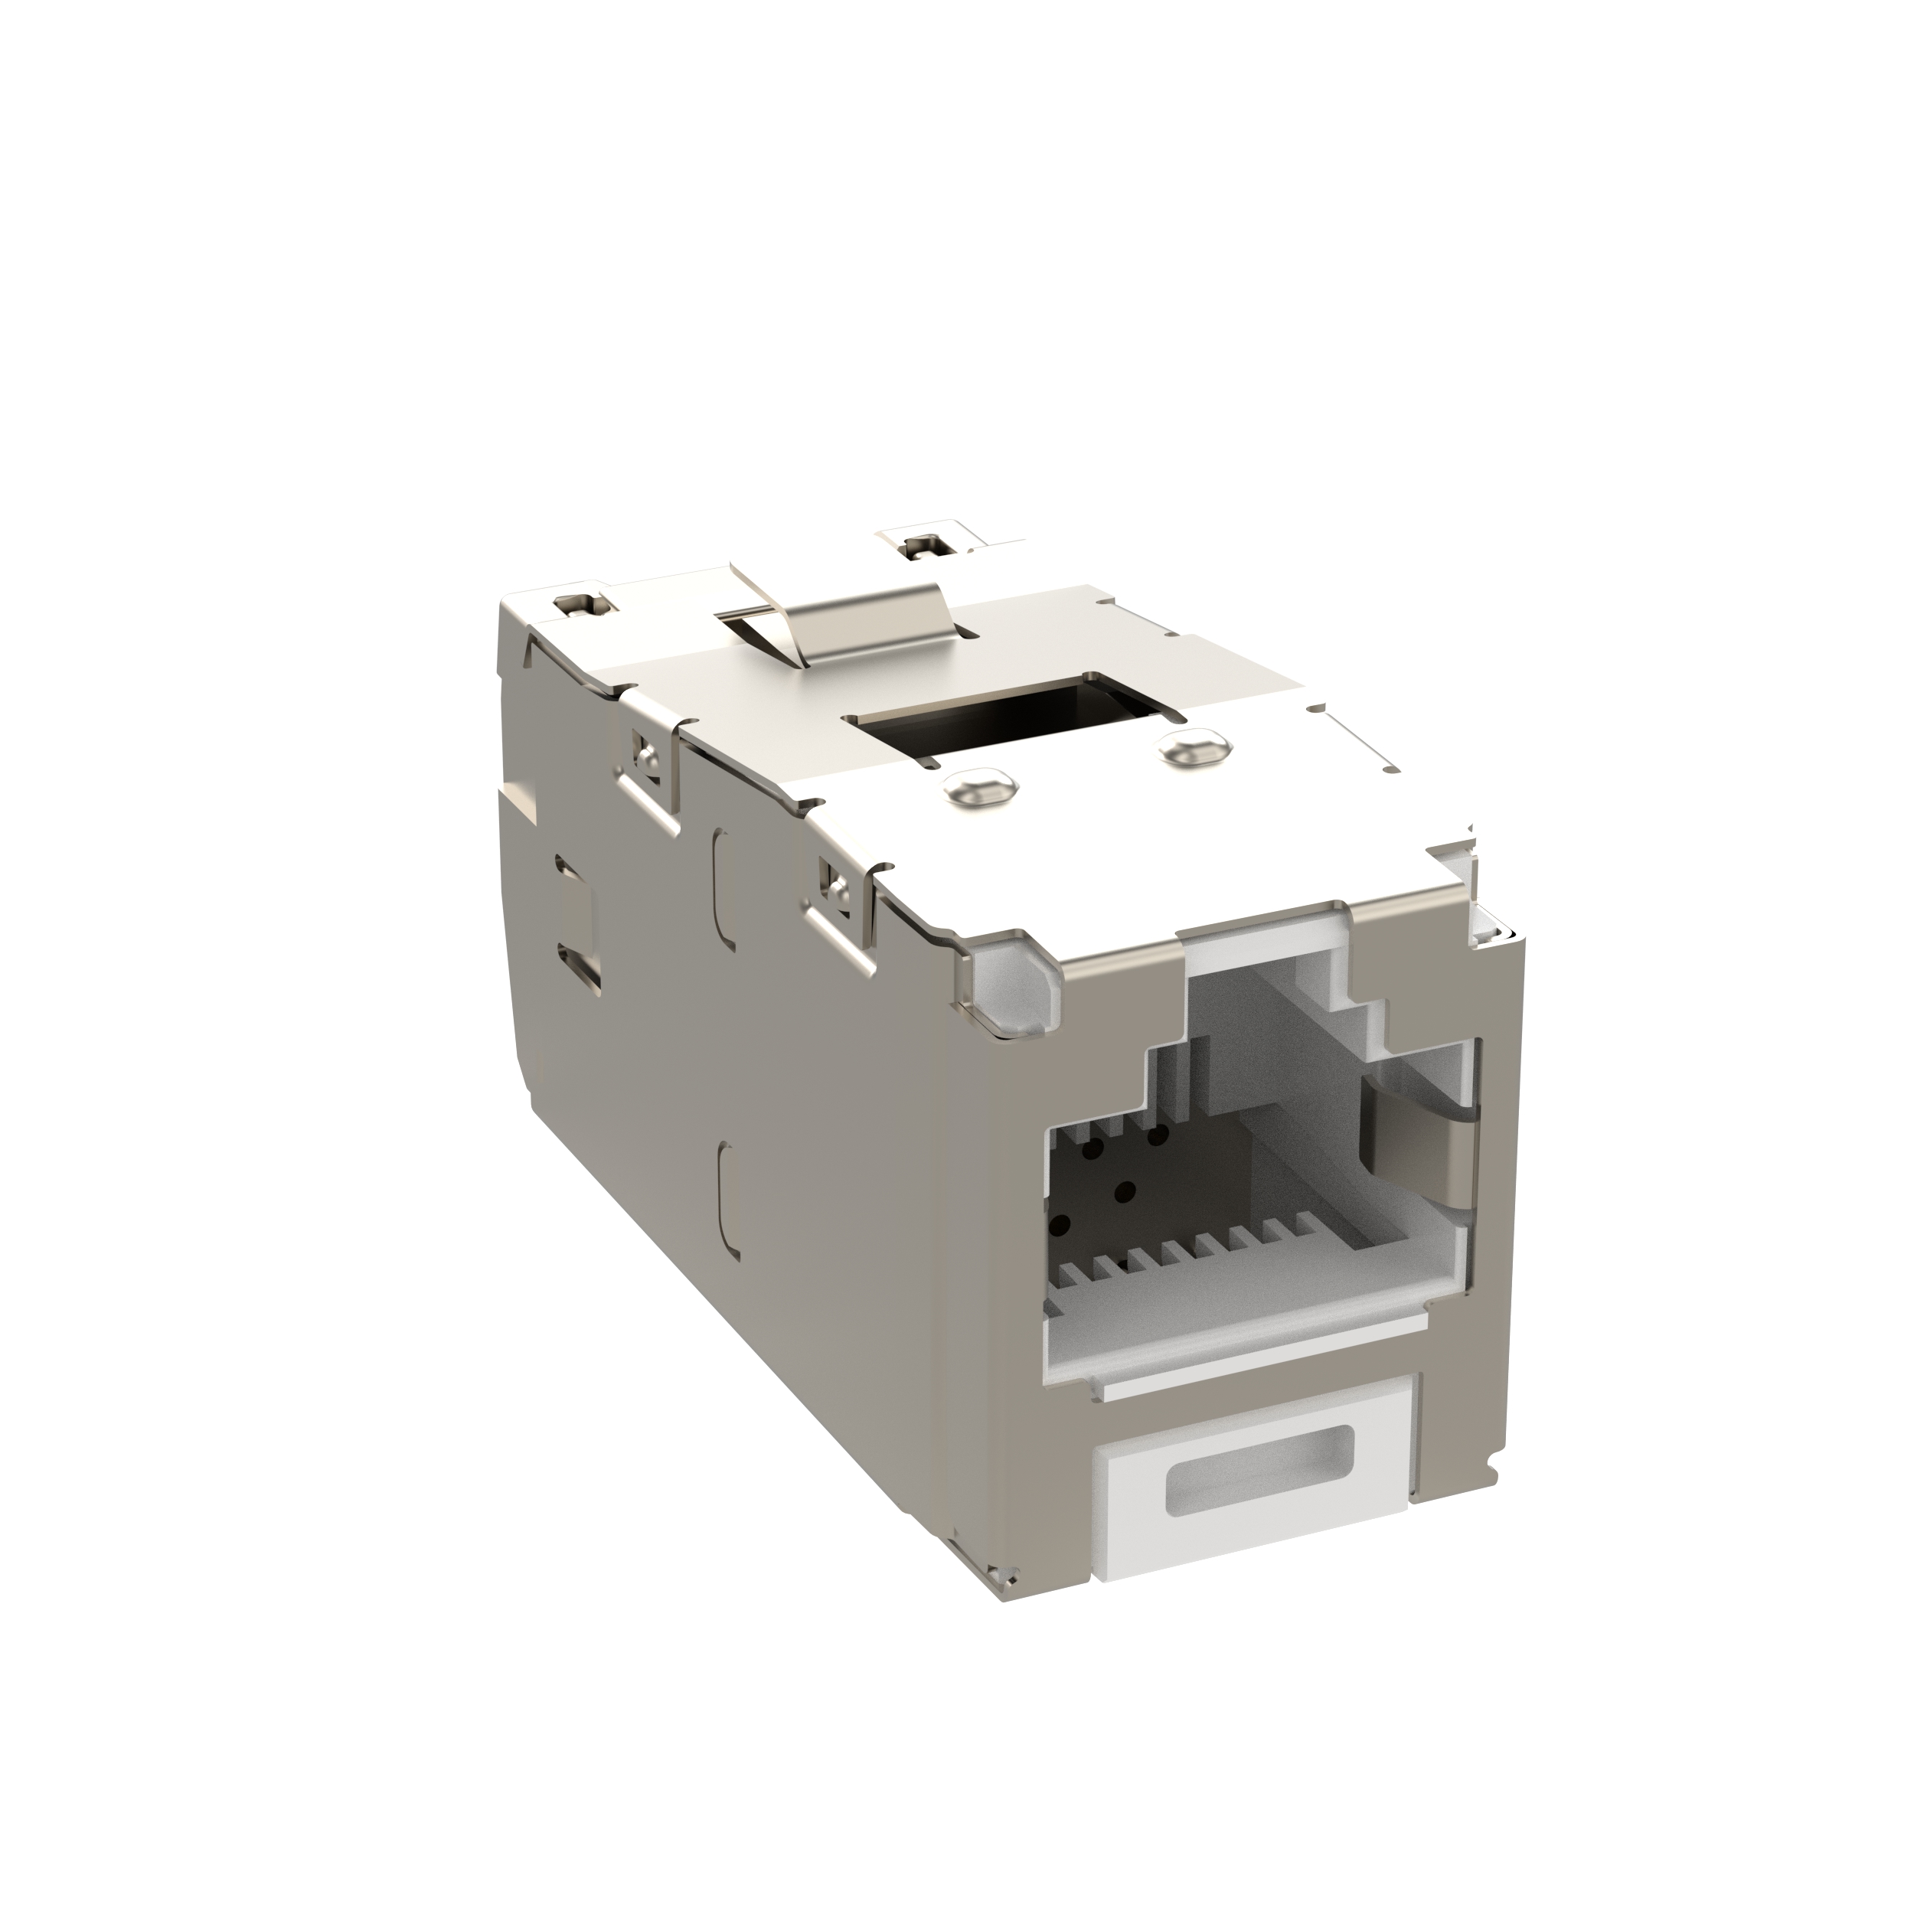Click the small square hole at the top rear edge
924,543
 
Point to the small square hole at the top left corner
573,603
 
